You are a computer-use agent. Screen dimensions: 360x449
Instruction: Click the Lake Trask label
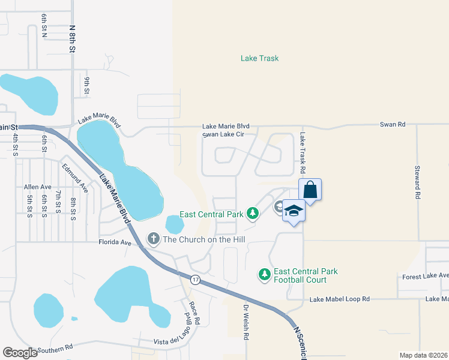259,58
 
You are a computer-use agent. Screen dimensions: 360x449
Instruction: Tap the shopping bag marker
310,190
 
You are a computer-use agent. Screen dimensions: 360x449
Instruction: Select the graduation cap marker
294,211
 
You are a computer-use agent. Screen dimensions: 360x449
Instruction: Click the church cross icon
154,239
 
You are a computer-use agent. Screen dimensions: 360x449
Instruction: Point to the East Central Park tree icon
253,214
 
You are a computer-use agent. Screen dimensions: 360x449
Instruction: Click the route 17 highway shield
195,280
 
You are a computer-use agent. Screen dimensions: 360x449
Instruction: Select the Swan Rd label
393,124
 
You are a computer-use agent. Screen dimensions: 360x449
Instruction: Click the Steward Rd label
417,182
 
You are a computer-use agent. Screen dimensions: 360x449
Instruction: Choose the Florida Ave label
114,242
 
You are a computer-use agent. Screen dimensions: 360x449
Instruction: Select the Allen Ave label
38,187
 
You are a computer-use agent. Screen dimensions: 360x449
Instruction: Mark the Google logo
20,353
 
